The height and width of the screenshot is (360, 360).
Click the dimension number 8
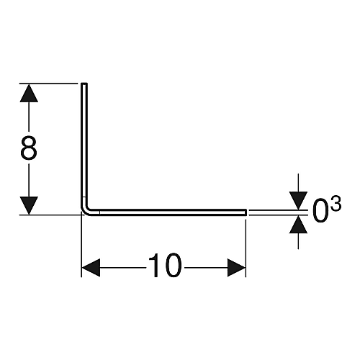coord(29,148)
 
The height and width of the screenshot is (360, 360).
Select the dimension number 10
coord(165,265)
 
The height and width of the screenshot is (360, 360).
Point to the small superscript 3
coord(336,204)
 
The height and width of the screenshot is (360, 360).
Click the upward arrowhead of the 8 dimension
coord(29,93)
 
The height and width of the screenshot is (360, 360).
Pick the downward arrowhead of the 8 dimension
coord(29,205)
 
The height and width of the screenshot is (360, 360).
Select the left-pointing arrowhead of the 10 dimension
coord(91,268)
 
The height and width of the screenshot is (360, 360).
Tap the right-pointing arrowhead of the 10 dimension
coord(236,268)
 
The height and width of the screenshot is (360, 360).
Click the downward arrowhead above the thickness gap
coord(298,201)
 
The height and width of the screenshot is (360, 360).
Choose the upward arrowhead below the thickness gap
coord(298,225)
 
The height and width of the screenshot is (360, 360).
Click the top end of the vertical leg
coord(84,84)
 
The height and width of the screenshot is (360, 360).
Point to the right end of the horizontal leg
coord(246,212)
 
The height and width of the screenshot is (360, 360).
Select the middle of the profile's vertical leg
coord(84,146)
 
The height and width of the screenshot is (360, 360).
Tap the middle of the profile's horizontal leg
coord(168,212)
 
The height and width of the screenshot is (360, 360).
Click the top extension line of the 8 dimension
coord(49,84)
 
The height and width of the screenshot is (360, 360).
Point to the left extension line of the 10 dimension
coord(81,245)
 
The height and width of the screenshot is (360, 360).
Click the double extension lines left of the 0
coord(279,212)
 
